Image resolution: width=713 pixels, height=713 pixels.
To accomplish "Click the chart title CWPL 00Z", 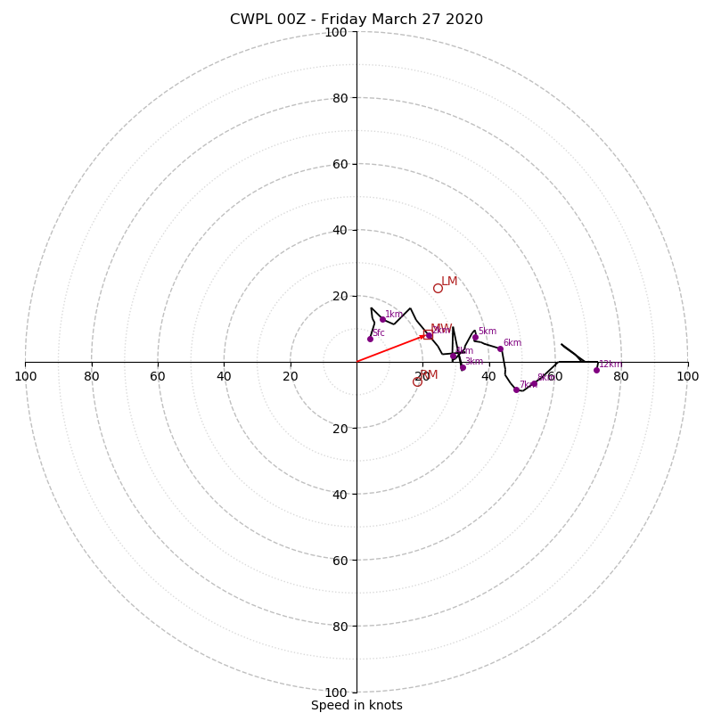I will (x=356, y=20).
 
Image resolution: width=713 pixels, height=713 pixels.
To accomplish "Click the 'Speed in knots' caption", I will (x=356, y=705).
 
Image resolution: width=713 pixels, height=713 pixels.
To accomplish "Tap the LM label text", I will (x=449, y=282).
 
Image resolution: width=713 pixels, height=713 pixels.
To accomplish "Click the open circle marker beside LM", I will (x=438, y=288).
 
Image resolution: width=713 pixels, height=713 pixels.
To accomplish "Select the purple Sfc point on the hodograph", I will (x=370, y=339).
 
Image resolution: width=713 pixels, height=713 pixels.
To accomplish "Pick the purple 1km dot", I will (x=382, y=319).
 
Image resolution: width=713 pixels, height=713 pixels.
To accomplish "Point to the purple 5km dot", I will (x=475, y=338).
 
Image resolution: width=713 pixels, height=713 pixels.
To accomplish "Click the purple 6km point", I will (x=500, y=348).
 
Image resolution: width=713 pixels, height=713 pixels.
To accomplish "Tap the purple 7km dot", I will (x=516, y=389).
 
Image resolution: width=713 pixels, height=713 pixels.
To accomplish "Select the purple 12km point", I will (x=596, y=370).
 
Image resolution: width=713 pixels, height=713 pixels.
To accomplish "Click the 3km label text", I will (x=473, y=362).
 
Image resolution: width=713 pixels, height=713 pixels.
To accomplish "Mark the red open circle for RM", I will (x=417, y=381).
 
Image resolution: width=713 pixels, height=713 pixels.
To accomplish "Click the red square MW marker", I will (x=428, y=334).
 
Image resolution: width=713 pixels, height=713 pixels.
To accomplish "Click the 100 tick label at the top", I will (x=336, y=32).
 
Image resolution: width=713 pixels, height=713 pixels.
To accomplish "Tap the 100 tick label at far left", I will (x=25, y=376).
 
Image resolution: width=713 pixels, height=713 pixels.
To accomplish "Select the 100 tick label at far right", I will (x=688, y=376).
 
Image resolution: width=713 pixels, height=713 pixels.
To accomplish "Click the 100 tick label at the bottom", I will (x=336, y=692).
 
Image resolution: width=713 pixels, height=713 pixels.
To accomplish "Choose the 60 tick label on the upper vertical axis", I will (x=339, y=164).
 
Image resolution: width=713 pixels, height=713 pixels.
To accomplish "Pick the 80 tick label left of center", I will (x=92, y=376).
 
